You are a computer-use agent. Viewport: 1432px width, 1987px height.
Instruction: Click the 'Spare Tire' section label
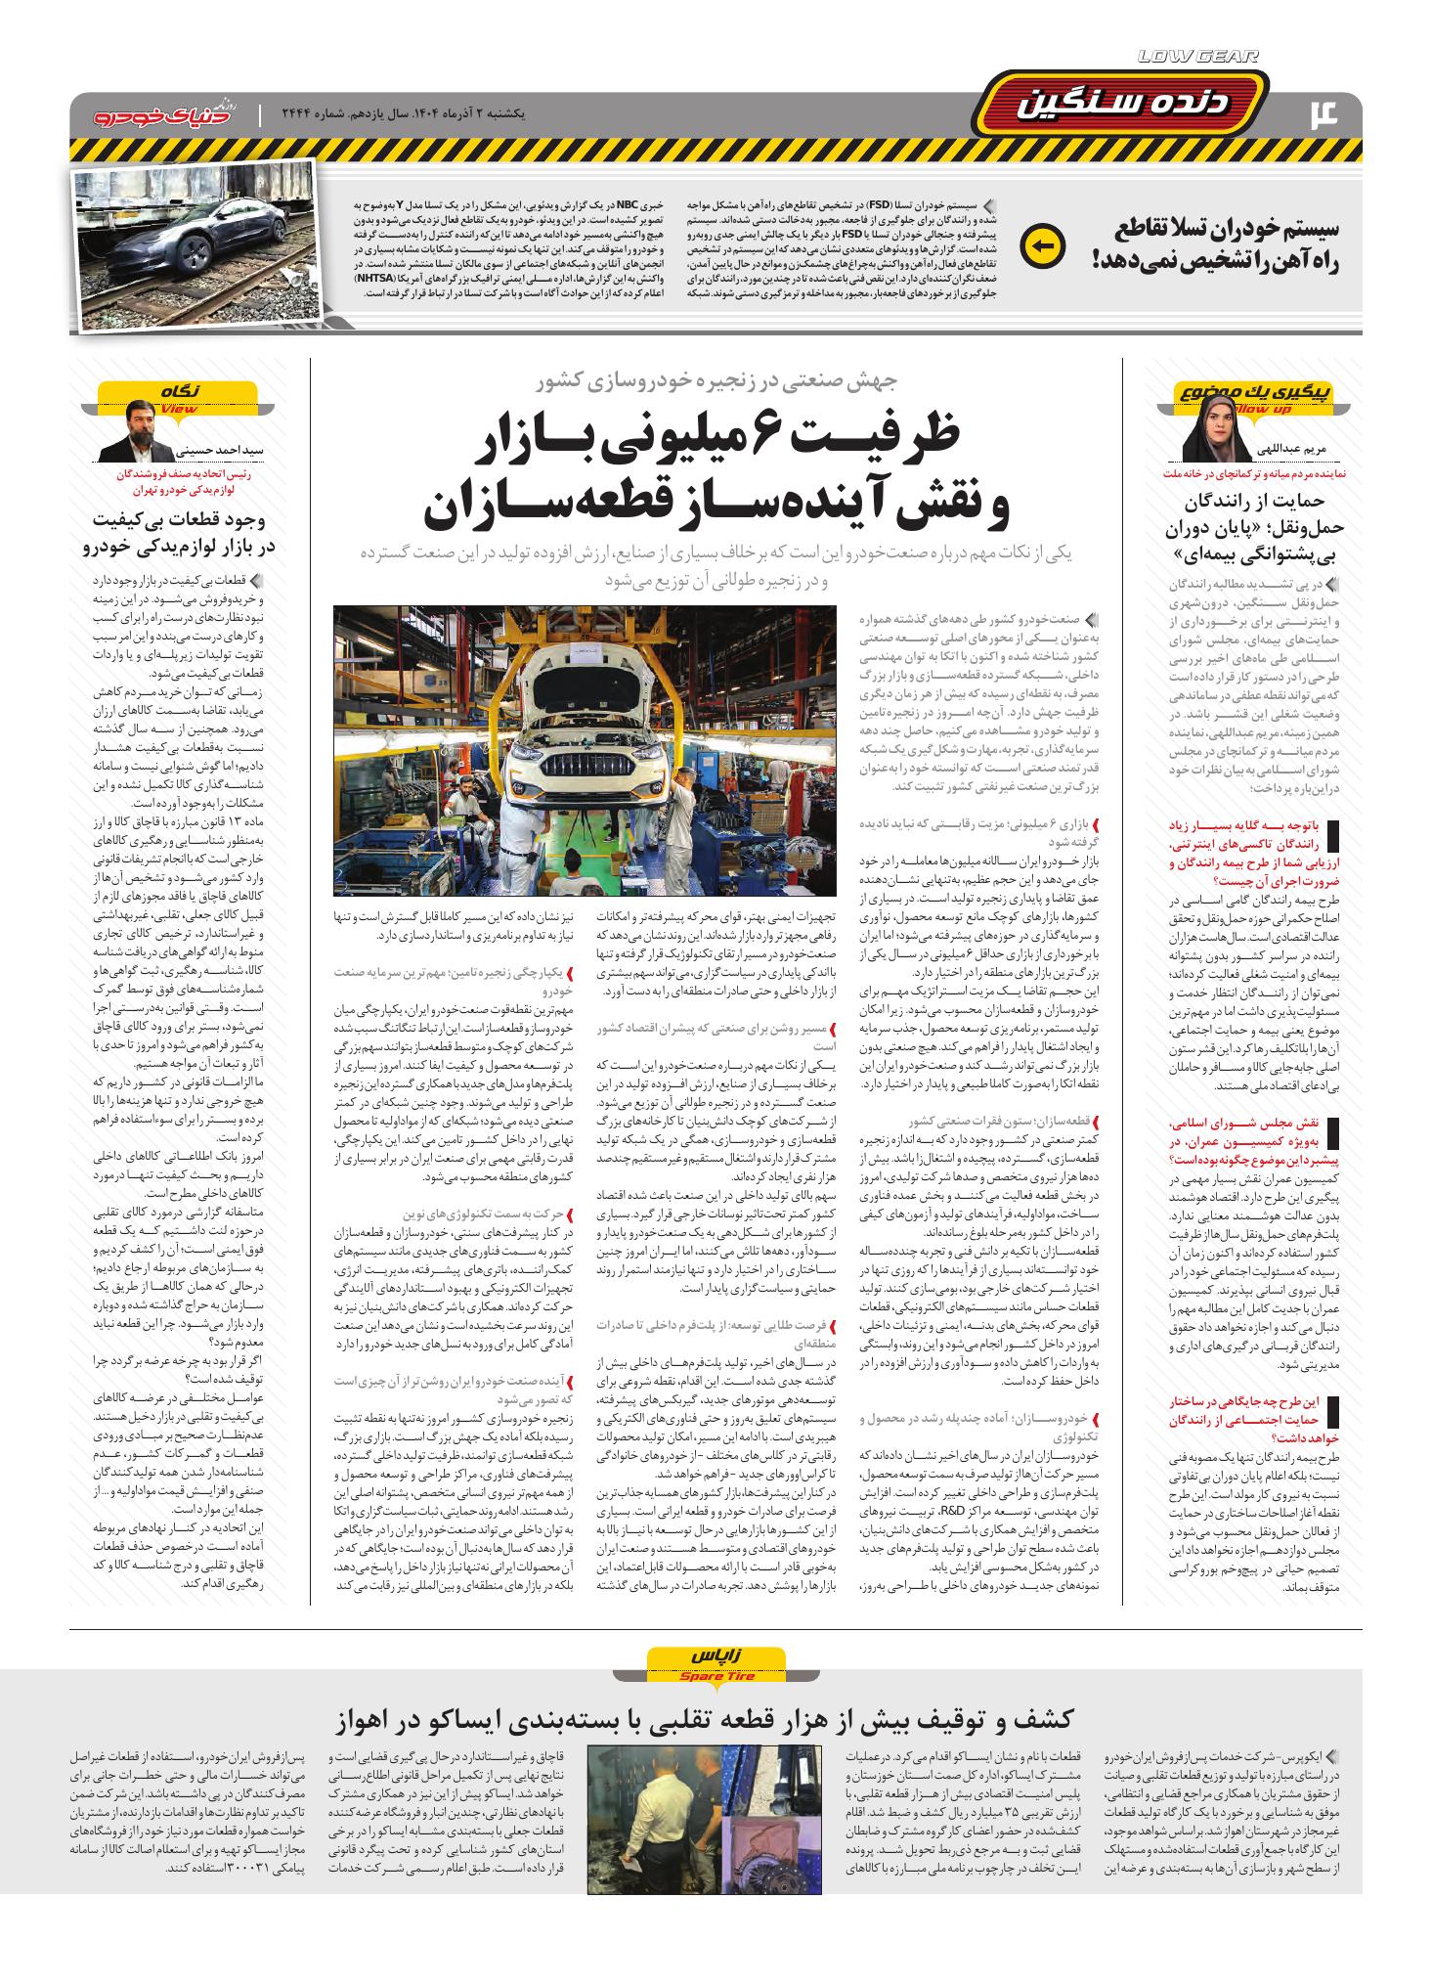[716, 1678]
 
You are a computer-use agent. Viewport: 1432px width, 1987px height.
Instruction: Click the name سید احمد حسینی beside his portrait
[225, 452]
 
